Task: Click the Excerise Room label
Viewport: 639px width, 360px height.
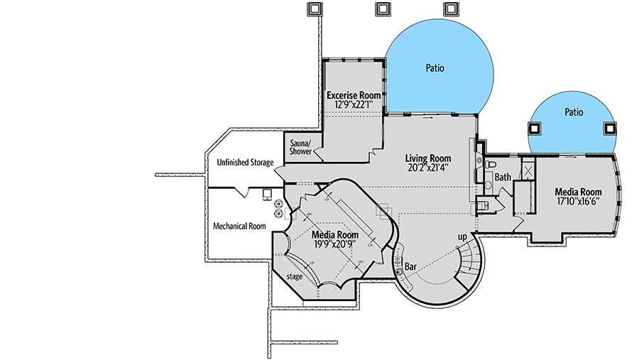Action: (354, 95)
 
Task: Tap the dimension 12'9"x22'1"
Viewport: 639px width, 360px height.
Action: (354, 105)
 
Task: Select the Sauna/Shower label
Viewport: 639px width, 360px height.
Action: (300, 147)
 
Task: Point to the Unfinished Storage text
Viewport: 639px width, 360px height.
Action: (245, 163)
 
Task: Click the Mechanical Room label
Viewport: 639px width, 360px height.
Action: (239, 227)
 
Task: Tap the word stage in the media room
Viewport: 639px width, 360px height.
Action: (295, 276)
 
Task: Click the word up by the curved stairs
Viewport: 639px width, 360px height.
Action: (461, 236)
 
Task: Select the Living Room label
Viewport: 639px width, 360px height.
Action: (428, 158)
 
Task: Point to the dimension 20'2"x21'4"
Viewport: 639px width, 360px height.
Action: (428, 168)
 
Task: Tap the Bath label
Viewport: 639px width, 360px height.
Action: (503, 177)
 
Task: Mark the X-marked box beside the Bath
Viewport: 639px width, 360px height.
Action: (528, 170)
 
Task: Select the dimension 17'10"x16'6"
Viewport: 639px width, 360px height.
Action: (578, 202)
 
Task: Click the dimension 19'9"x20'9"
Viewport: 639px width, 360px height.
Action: (335, 244)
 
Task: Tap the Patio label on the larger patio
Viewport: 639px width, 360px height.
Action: (435, 69)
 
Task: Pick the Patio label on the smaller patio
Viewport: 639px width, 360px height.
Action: (574, 112)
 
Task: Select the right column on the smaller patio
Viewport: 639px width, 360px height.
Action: (609, 129)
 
